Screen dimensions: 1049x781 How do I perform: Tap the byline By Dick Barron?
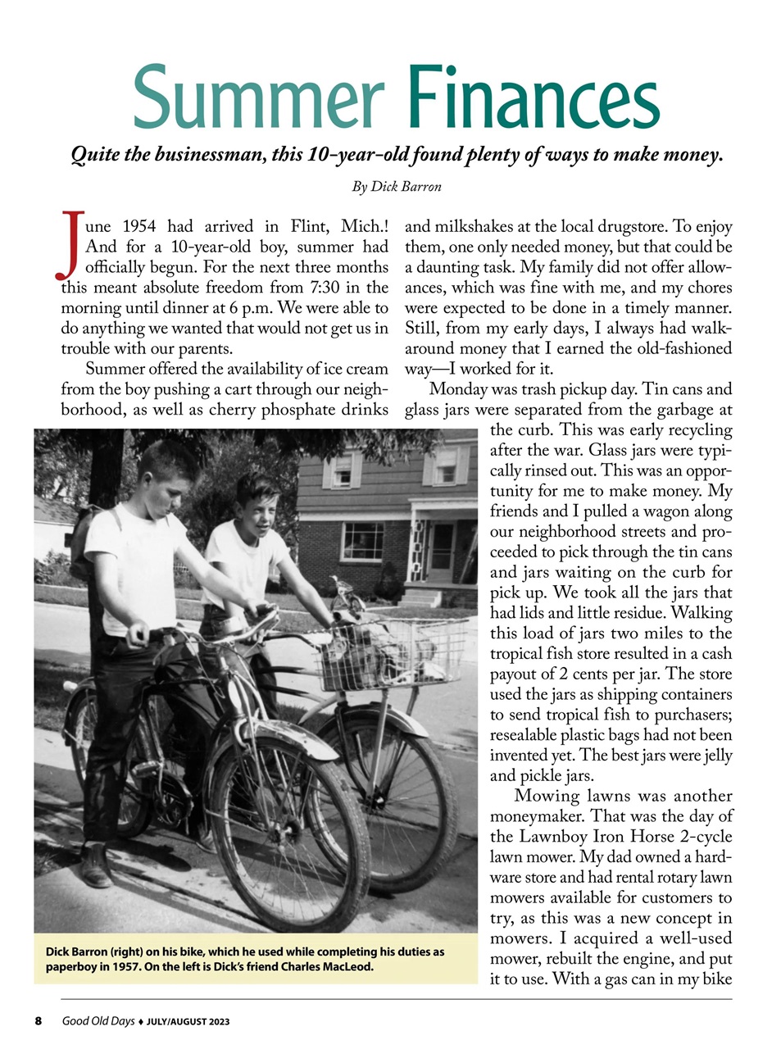pos(397,187)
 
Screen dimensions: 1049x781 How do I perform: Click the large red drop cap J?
pos(71,243)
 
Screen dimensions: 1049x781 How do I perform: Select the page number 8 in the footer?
pos(38,1021)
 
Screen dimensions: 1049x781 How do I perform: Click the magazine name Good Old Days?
pos(98,1021)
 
